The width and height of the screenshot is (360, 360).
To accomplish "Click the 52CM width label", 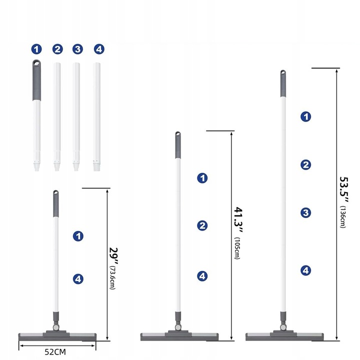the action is pyautogui.click(x=55, y=351).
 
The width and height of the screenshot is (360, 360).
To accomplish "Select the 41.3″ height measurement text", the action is pyautogui.click(x=238, y=220).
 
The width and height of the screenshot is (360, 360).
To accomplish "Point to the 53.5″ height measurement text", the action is pyautogui.click(x=344, y=190).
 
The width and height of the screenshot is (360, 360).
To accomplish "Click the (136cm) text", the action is pyautogui.click(x=343, y=217).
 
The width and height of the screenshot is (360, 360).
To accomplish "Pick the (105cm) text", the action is pyautogui.click(x=236, y=248).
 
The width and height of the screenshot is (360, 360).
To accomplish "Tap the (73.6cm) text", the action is pyautogui.click(x=112, y=277).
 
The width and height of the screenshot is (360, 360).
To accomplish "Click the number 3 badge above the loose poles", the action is pyautogui.click(x=77, y=49).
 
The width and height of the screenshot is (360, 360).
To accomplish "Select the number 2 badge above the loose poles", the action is pyautogui.click(x=57, y=49).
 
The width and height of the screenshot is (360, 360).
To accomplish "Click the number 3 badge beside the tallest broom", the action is pyautogui.click(x=305, y=212).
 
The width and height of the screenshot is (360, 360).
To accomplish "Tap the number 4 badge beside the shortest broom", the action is pyautogui.click(x=78, y=279).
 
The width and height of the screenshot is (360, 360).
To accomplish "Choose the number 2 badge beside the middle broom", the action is pyautogui.click(x=202, y=225).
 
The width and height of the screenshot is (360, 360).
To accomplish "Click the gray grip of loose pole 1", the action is pyautogui.click(x=36, y=80).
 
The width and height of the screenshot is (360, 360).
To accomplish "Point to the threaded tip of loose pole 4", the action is pyautogui.click(x=97, y=166).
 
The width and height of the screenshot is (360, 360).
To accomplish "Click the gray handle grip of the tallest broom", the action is pyautogui.click(x=283, y=83).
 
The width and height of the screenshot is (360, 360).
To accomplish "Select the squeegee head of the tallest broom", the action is pyautogui.click(x=284, y=336).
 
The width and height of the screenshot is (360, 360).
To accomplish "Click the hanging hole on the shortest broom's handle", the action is pyautogui.click(x=56, y=192).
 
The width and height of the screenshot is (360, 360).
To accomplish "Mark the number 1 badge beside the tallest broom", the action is pyautogui.click(x=305, y=116).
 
